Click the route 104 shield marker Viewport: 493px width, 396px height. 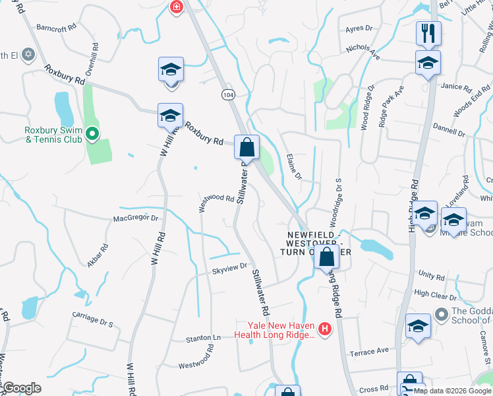pos(228,95)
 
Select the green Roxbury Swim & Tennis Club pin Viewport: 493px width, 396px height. pos(93,135)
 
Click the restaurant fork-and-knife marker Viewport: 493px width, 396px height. pos(428,34)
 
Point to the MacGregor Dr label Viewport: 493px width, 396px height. pos(136,218)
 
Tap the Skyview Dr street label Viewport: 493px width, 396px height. pos(229,267)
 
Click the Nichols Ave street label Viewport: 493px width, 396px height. pos(363,49)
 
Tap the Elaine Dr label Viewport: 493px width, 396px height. pos(294,166)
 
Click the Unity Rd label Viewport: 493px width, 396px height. pos(432,274)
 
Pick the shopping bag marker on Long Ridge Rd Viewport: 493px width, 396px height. pos(326,257)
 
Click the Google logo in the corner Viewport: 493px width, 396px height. pos(22,388)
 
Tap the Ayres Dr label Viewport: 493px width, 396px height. pos(359,29)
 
